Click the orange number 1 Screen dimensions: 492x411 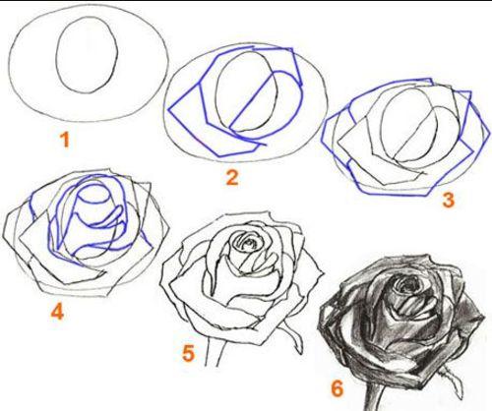tap(65, 140)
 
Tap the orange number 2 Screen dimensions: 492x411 tap(232, 178)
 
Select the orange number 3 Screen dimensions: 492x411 tap(449, 200)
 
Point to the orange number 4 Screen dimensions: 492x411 tap(57, 312)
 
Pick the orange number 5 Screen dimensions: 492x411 tap(188, 354)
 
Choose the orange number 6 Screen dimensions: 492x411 tap(337, 388)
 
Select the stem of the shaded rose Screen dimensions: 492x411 tap(375, 395)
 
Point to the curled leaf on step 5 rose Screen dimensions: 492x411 tap(294, 336)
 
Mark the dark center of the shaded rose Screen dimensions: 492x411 tap(407, 285)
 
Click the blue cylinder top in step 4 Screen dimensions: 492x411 tap(92, 194)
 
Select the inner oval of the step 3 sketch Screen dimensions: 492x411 tap(381, 125)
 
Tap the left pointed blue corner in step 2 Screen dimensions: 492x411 tap(168, 109)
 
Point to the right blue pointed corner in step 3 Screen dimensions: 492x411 tap(489, 135)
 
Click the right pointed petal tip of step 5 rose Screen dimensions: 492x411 tap(324, 271)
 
